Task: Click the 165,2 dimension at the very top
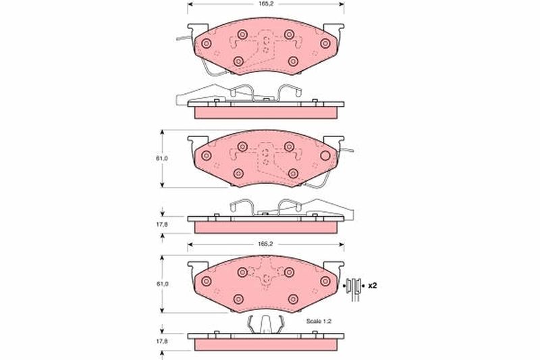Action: click(x=265, y=4)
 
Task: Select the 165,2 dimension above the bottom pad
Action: click(x=265, y=244)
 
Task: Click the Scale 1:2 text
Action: click(x=319, y=321)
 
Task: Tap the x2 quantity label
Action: click(x=373, y=286)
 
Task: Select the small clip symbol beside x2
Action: click(x=354, y=288)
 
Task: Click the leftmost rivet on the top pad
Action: click(x=207, y=43)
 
